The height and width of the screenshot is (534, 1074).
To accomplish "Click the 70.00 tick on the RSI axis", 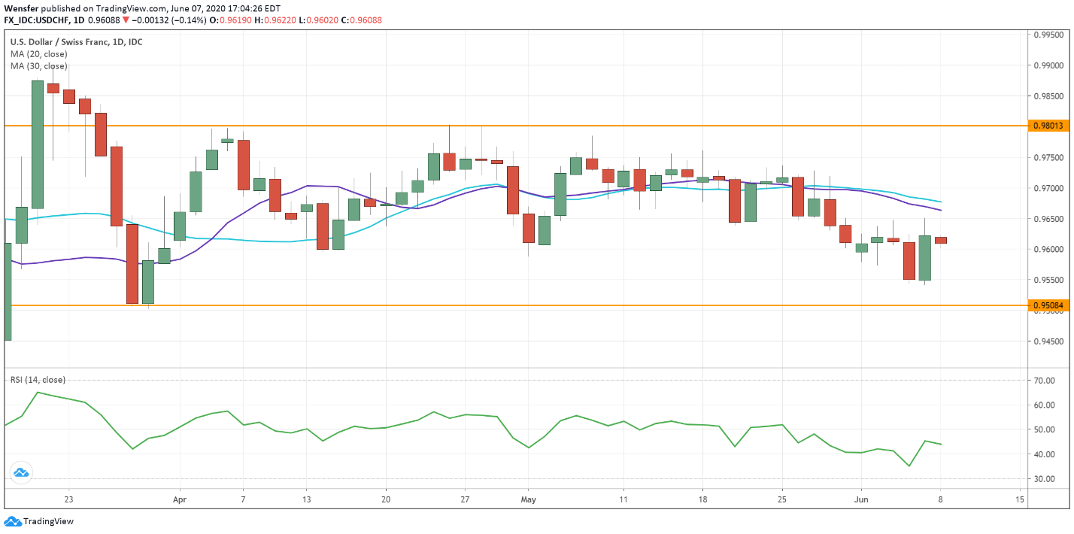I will tap(1045, 381).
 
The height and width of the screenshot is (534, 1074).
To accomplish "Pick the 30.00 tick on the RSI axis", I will tap(1045, 479).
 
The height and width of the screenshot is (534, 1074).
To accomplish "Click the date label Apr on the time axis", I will tap(179, 499).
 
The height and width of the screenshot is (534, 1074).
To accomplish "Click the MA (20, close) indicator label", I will tap(39, 54).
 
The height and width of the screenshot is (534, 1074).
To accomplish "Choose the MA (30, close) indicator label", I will tap(39, 66).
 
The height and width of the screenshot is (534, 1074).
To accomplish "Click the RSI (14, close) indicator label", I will tap(38, 380).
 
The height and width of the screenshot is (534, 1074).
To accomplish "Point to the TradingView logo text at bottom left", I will tap(48, 521).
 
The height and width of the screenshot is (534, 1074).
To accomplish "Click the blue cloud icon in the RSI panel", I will tap(20, 472).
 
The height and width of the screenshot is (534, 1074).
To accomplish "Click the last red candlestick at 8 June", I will tap(941, 240).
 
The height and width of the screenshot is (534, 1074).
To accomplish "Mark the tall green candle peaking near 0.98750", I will tap(37, 144).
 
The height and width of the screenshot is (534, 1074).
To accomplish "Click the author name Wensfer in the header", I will tap(20, 8).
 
